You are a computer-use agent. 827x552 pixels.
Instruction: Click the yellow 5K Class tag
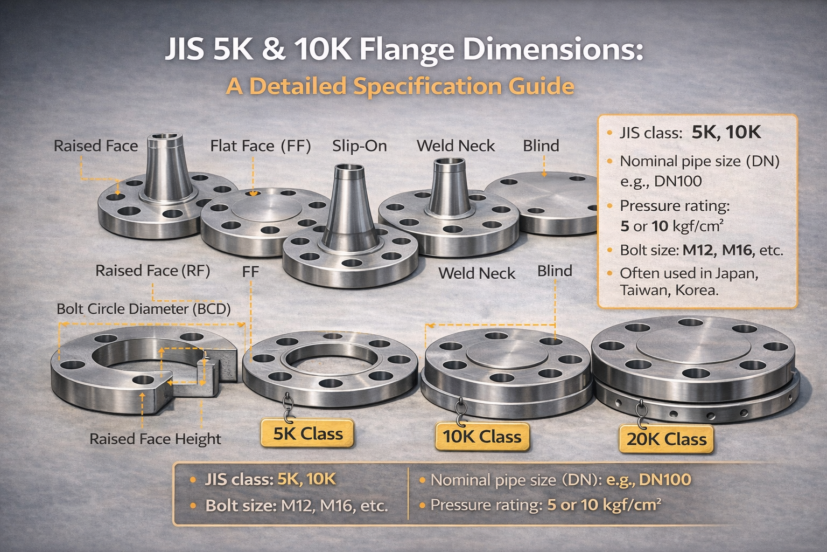[x=307, y=433]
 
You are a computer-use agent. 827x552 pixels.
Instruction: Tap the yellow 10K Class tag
[x=482, y=437]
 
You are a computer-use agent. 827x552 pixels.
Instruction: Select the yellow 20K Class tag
[x=666, y=439]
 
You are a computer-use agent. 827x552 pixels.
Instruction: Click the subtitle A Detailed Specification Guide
[x=400, y=86]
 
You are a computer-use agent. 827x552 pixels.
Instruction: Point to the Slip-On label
[x=359, y=146]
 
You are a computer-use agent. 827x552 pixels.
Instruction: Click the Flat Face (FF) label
[x=260, y=146]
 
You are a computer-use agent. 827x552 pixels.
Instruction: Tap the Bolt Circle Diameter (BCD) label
[x=144, y=309]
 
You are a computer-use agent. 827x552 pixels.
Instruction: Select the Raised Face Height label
[x=156, y=439]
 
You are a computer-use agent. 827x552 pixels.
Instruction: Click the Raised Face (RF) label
[x=153, y=271]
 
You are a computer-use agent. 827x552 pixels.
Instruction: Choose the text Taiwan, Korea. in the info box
[x=669, y=290]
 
